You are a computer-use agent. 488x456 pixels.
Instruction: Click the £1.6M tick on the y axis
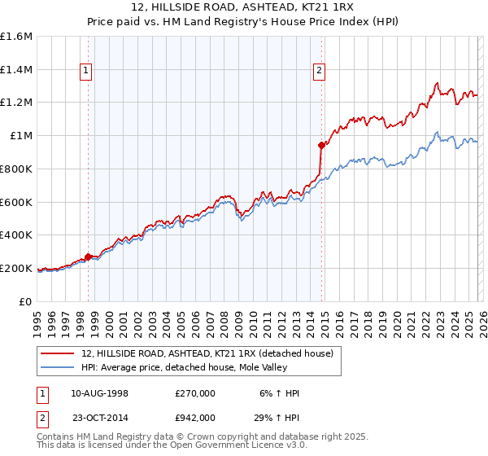click(x=15, y=37)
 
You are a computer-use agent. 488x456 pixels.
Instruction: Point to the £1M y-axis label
click(x=20, y=136)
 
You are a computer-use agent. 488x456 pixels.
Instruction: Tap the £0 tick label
click(x=26, y=301)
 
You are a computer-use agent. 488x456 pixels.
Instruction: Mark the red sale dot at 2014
click(x=321, y=145)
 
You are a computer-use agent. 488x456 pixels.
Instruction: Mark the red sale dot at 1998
click(x=88, y=256)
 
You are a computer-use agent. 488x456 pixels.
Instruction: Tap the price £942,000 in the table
click(x=195, y=417)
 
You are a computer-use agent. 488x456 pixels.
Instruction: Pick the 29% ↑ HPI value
click(x=277, y=417)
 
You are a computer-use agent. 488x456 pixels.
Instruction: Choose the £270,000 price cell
click(x=195, y=393)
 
